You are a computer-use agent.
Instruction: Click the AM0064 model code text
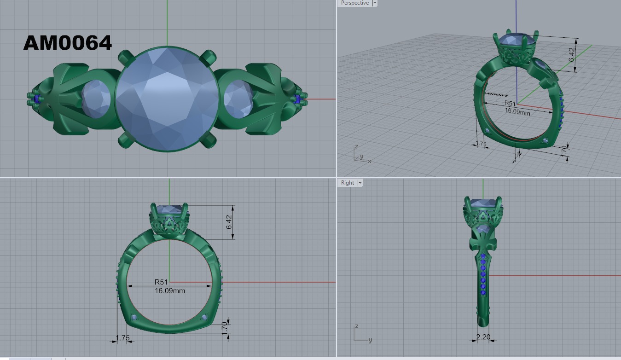pos(67,43)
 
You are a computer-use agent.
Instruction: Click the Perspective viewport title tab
pos(354,3)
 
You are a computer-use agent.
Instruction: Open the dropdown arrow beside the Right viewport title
pos(360,183)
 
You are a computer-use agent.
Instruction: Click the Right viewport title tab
pos(348,183)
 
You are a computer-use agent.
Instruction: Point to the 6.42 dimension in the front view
pos(229,222)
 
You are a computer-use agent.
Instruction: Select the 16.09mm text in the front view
pos(170,290)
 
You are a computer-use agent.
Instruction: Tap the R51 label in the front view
pos(161,282)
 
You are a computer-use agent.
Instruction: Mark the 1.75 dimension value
pos(123,338)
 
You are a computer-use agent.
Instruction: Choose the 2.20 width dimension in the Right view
pos(483,337)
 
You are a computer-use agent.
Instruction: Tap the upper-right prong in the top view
pos(208,58)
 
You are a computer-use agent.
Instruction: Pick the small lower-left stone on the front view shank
pos(134,317)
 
